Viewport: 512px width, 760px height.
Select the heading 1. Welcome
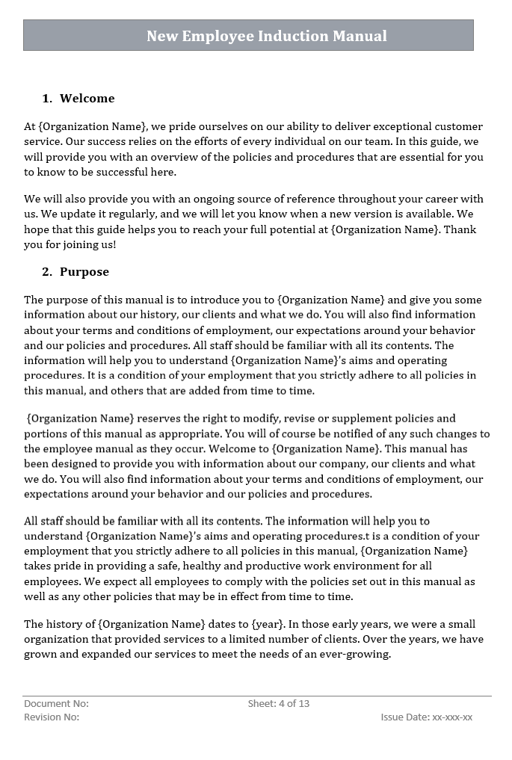click(78, 98)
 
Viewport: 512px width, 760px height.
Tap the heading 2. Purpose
click(75, 271)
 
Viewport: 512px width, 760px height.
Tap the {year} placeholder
click(267, 624)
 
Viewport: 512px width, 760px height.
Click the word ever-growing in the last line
click(355, 655)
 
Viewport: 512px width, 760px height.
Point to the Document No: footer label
click(56, 703)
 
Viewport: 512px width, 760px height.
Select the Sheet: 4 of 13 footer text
click(279, 703)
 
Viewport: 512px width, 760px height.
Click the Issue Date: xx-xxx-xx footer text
click(426, 717)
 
